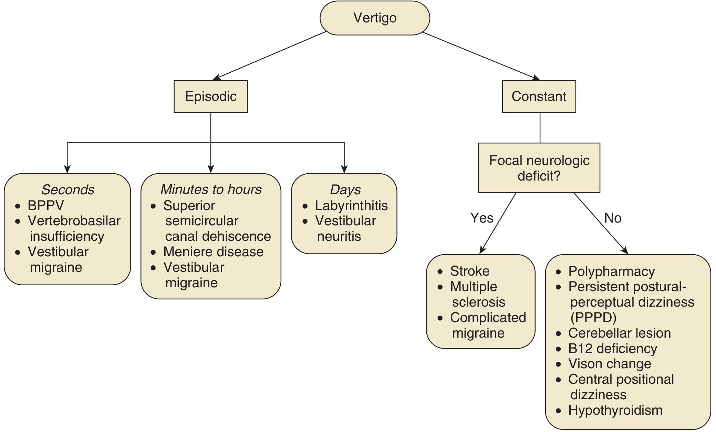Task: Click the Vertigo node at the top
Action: click(375, 18)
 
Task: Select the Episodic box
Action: click(211, 96)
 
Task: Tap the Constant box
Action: click(539, 96)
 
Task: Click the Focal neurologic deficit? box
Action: click(539, 168)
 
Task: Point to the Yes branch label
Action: click(482, 218)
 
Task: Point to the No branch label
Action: click(613, 218)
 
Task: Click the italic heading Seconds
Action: click(68, 189)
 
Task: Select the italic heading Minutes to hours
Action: click(211, 189)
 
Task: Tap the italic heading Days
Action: click(345, 189)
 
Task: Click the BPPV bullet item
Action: click(46, 206)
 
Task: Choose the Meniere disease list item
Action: click(213, 252)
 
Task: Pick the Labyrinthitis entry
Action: click(351, 206)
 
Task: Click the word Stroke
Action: click(470, 271)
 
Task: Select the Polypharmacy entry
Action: click(612, 271)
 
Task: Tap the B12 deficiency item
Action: click(613, 349)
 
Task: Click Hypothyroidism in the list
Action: click(615, 410)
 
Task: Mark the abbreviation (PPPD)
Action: click(593, 317)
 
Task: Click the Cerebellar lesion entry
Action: click(620, 333)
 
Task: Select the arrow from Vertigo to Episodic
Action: click(270, 55)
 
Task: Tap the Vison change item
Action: click(610, 364)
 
